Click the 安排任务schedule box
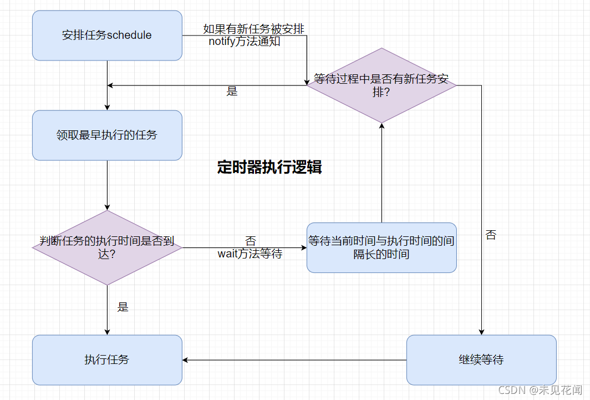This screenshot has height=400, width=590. coord(107,36)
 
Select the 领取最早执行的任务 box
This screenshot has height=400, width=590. coord(107,135)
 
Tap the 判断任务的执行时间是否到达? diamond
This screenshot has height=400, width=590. coord(107,247)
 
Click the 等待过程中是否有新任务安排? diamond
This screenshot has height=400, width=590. coord(382,85)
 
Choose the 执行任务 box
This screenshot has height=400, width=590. coord(107,360)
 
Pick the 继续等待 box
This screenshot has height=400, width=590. coord(481,360)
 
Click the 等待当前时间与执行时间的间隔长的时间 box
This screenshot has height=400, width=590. coord(382,247)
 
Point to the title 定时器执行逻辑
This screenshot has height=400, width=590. coord(269,167)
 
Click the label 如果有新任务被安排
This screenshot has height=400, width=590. coord(253,29)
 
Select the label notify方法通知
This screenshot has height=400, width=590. coord(245,42)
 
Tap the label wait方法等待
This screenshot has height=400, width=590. coord(250,254)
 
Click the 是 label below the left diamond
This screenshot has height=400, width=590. coord(123,307)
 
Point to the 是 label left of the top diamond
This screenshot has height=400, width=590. coord(232,92)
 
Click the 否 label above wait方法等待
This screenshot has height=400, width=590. coord(251,241)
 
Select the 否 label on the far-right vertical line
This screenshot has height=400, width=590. coord(491,235)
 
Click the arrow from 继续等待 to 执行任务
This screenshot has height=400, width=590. coord(294,360)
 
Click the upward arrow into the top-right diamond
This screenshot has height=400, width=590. coord(382,172)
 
